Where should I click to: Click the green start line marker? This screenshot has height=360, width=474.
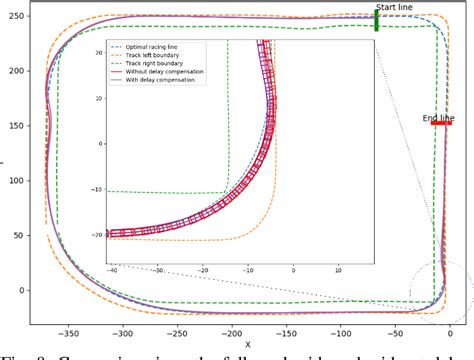tap(376, 21)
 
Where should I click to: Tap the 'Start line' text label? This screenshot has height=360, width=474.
tap(394, 8)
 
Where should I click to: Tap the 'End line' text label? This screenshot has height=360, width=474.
tap(439, 117)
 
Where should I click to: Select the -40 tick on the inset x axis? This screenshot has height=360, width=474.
tap(112, 269)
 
